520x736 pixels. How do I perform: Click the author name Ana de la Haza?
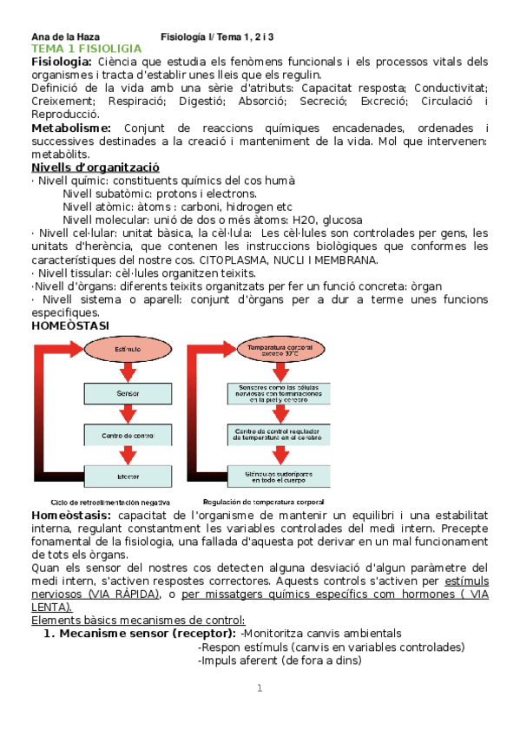click(66, 36)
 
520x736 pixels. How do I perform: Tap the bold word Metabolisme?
click(73, 128)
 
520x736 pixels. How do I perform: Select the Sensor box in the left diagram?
click(128, 394)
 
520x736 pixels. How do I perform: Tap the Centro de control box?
click(128, 435)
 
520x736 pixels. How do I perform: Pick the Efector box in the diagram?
click(128, 476)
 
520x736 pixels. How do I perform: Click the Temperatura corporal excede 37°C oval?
click(274, 351)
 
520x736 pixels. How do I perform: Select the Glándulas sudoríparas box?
click(274, 476)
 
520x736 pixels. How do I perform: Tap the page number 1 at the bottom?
click(259, 688)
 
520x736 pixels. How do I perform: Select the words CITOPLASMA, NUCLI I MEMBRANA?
click(295, 260)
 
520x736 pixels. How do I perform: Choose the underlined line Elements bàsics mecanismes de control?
click(138, 620)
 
